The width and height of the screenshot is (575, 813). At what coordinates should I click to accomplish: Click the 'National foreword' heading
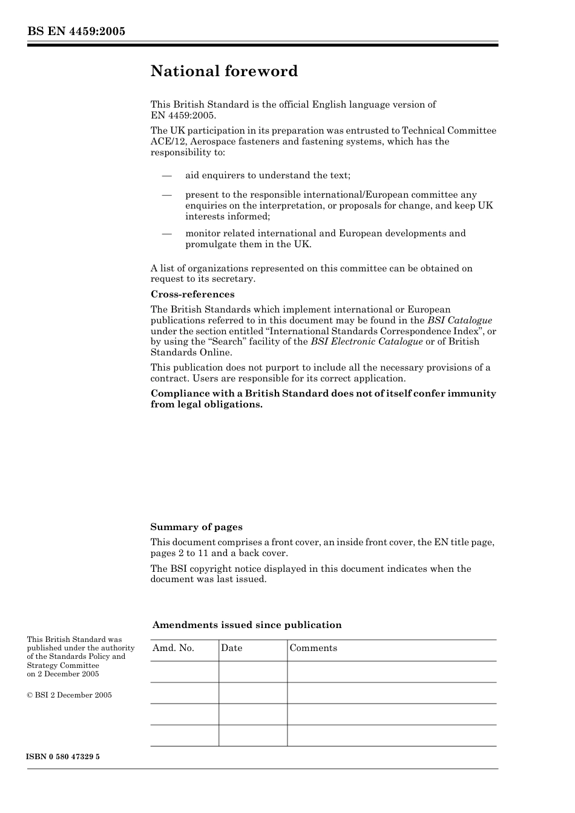(224, 71)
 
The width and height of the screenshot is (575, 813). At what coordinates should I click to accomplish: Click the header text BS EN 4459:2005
(76, 31)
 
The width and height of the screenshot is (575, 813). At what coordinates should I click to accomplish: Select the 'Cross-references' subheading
(192, 294)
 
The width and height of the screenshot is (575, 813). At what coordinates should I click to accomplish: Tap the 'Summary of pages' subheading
(196, 527)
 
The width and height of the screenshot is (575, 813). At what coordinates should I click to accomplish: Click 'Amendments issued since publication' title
(247, 625)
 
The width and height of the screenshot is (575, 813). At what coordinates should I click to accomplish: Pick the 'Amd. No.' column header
(173, 648)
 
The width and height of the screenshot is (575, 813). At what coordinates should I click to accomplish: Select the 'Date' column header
(231, 648)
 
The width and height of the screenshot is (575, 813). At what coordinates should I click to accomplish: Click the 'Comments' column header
(313, 648)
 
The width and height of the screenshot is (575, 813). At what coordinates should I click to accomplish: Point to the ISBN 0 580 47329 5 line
(63, 757)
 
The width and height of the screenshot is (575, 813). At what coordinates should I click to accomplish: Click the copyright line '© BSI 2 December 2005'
(69, 695)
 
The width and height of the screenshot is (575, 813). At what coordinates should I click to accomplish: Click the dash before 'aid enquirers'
(166, 175)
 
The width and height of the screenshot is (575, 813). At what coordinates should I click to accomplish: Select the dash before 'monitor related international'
(166, 233)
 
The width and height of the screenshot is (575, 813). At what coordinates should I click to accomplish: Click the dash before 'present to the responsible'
(166, 195)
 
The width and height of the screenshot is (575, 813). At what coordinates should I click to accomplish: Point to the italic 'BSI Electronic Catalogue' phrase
(366, 342)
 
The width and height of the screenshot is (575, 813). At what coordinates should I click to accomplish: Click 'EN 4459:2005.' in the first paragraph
(183, 115)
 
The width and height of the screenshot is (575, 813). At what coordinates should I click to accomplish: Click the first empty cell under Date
(252, 672)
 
